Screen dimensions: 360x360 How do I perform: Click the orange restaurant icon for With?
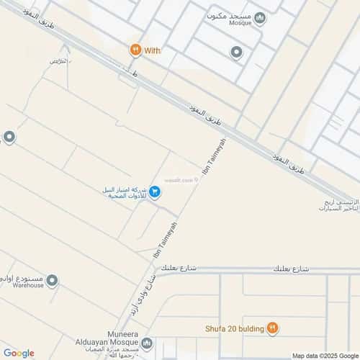point(135,50)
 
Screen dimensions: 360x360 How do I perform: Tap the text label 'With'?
point(152,50)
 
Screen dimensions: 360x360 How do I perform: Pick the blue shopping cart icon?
point(155,192)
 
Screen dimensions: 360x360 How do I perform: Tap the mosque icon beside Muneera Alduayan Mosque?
point(147,343)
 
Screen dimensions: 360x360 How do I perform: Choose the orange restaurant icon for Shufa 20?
point(272,328)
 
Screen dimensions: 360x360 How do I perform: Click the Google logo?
point(19,353)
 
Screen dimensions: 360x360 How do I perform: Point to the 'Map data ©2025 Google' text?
point(324,355)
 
